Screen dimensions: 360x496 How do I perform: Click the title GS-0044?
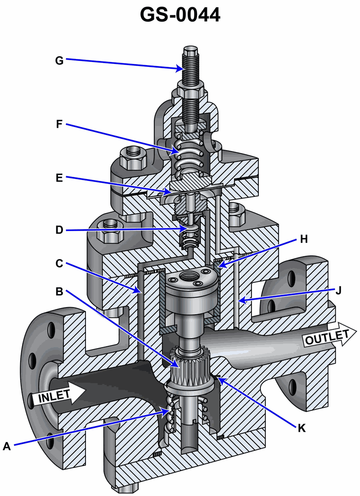click(x=180, y=14)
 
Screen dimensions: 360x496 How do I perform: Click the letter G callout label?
click(x=59, y=60)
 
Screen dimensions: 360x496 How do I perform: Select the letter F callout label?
click(x=59, y=124)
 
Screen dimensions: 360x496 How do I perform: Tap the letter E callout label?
click(x=59, y=178)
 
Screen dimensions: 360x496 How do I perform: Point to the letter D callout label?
click(x=59, y=230)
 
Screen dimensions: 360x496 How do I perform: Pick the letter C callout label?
click(x=59, y=263)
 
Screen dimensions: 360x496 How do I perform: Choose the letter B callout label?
click(x=59, y=291)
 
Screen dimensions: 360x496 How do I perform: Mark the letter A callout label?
click(x=7, y=446)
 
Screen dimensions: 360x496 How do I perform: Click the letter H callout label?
click(x=304, y=239)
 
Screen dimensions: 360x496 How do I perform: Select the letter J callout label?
click(x=338, y=290)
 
